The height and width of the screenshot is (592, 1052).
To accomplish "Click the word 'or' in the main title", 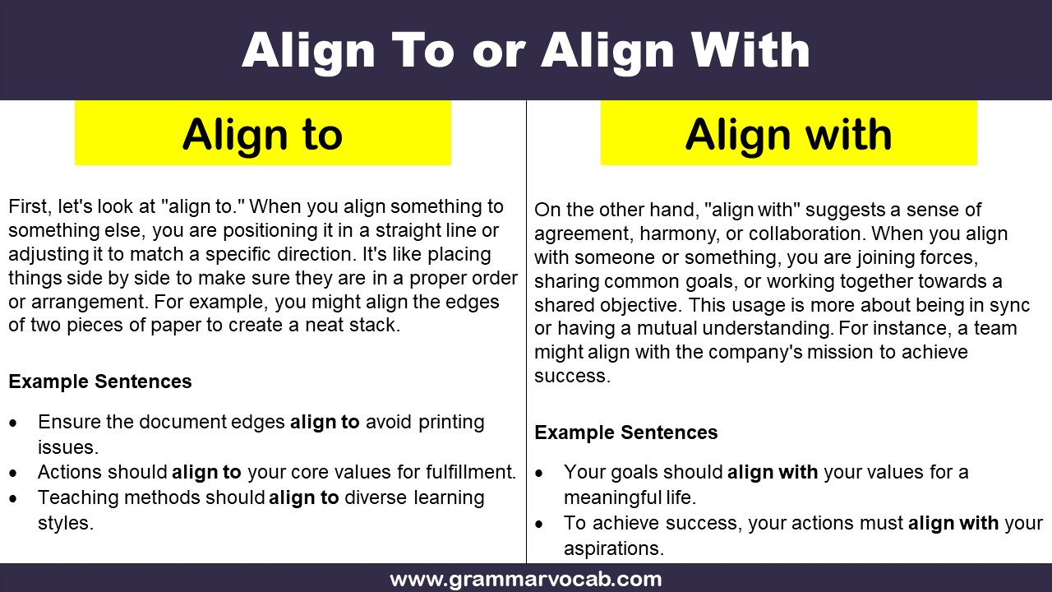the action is pos(498,52).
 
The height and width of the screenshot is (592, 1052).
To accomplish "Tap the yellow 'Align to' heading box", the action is pos(263,132).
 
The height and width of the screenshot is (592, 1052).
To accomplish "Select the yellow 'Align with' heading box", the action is pos(789,132).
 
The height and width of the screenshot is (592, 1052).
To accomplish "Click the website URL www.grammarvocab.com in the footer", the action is pos(526,580).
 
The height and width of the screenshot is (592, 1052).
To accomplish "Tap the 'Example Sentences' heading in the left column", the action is pos(100,382).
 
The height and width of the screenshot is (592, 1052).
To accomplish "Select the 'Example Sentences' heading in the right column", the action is pos(626,432).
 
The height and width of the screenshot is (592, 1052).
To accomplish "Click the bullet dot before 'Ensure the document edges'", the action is pos(13,423).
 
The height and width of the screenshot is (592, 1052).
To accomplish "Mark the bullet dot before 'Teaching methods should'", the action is pos(13,498).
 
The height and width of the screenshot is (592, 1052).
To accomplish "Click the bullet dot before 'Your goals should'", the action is pos(539,473).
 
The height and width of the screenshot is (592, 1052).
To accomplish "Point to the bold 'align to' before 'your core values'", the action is pos(206,472).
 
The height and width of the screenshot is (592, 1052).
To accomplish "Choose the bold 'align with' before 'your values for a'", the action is pos(773,472).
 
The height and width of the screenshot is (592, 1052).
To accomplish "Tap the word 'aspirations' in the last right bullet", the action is pos(613,548).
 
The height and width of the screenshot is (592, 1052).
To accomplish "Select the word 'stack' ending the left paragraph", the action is pos(376,325).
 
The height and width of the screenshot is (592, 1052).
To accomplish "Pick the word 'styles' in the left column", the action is pos(65,524).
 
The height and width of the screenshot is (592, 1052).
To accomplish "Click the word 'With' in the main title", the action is pos(750,51).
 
